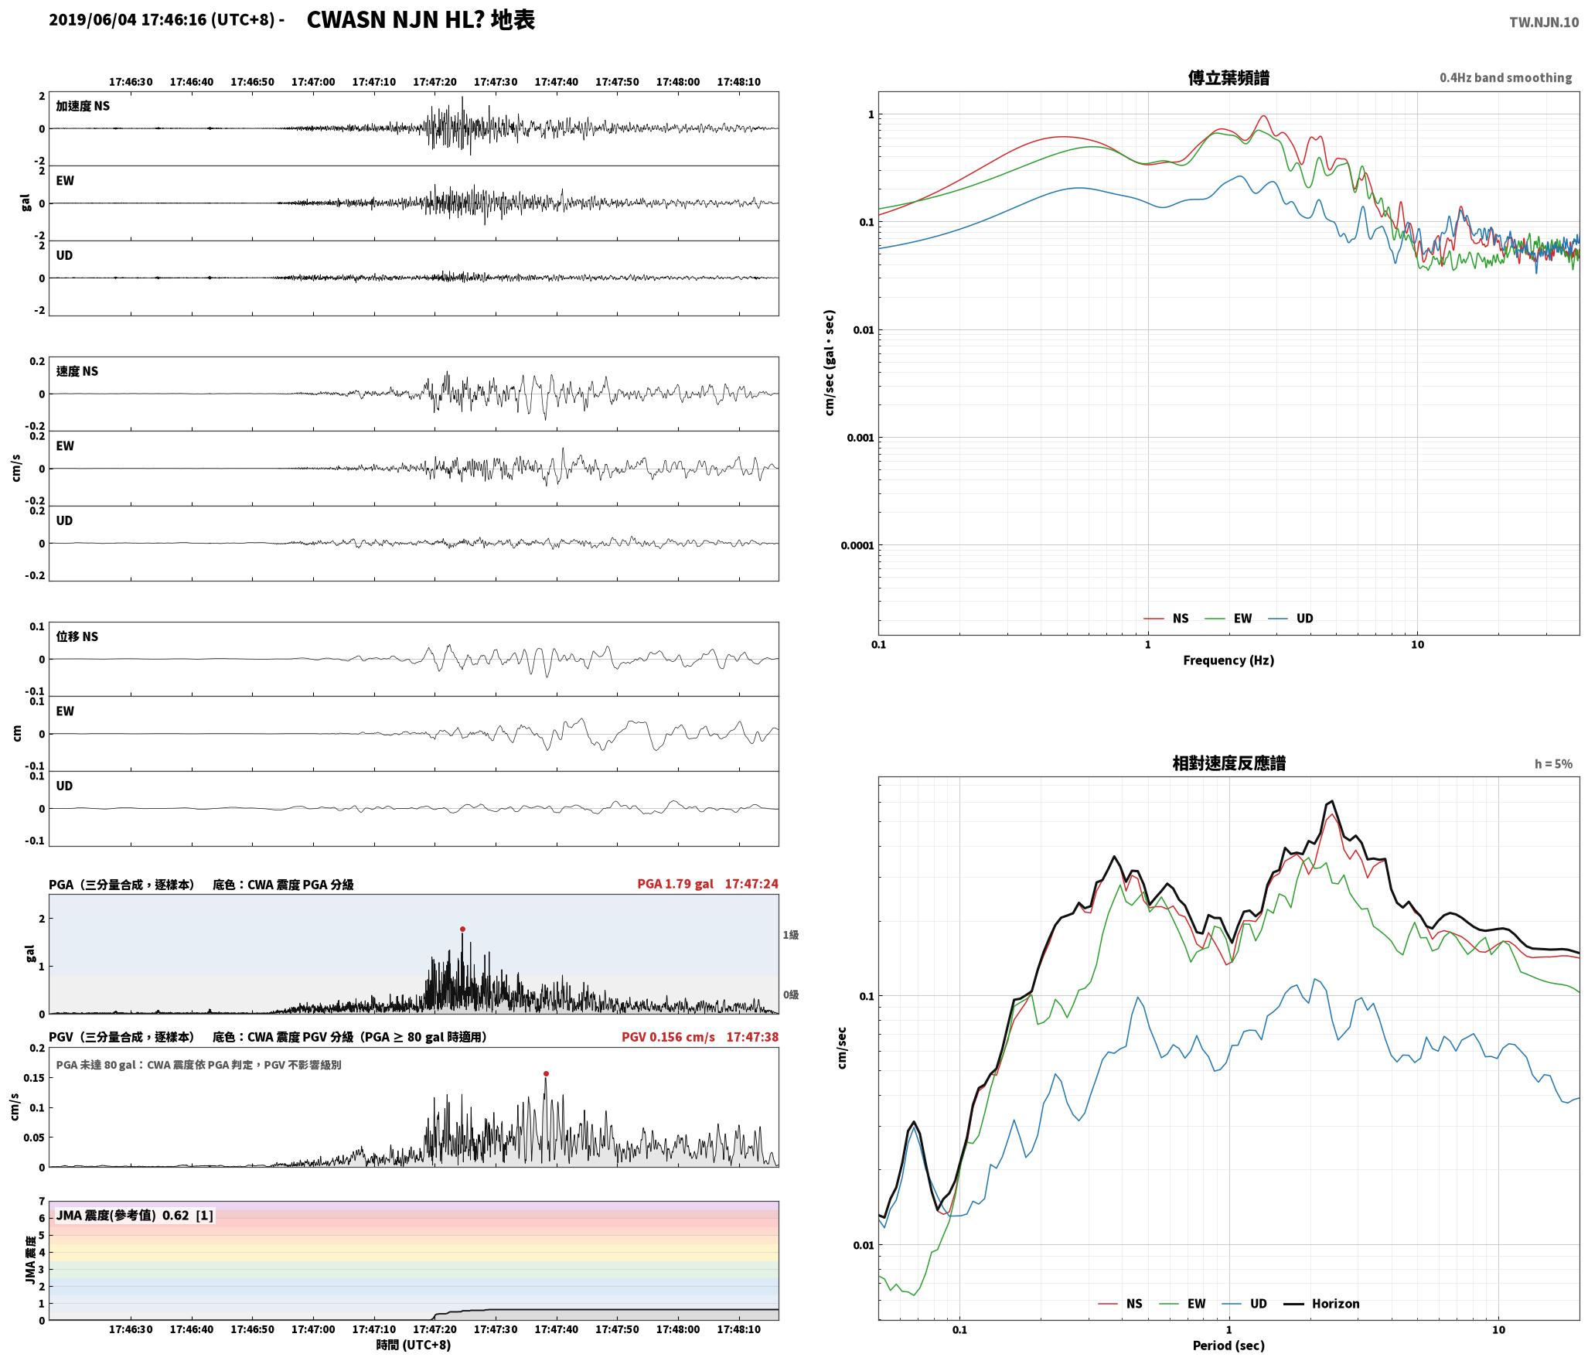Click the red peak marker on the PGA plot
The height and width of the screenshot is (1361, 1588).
click(x=462, y=929)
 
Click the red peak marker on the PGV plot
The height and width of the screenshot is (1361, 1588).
click(x=546, y=1073)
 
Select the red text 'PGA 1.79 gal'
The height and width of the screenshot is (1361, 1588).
click(x=675, y=884)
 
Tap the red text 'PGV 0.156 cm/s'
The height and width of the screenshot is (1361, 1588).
click(x=668, y=1036)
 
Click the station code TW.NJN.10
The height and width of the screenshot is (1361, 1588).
click(x=1544, y=22)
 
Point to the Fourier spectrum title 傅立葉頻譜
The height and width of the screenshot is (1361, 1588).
click(x=1228, y=77)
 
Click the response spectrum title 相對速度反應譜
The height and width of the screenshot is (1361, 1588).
click(x=1228, y=763)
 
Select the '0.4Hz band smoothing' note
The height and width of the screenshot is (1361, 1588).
click(x=1505, y=77)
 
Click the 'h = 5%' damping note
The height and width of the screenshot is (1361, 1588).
click(x=1553, y=764)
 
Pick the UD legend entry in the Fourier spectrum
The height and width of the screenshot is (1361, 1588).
click(x=1294, y=618)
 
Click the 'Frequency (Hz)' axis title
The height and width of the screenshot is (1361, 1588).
click(x=1228, y=660)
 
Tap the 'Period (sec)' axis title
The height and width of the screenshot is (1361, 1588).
click(x=1228, y=1346)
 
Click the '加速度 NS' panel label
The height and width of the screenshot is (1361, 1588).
click(x=83, y=106)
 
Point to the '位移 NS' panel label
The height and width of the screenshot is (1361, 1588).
click(x=77, y=636)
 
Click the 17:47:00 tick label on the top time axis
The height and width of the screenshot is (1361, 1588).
click(x=313, y=81)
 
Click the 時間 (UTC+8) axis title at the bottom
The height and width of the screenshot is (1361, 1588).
click(x=414, y=1345)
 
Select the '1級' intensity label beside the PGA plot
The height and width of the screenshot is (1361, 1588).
click(x=791, y=935)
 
